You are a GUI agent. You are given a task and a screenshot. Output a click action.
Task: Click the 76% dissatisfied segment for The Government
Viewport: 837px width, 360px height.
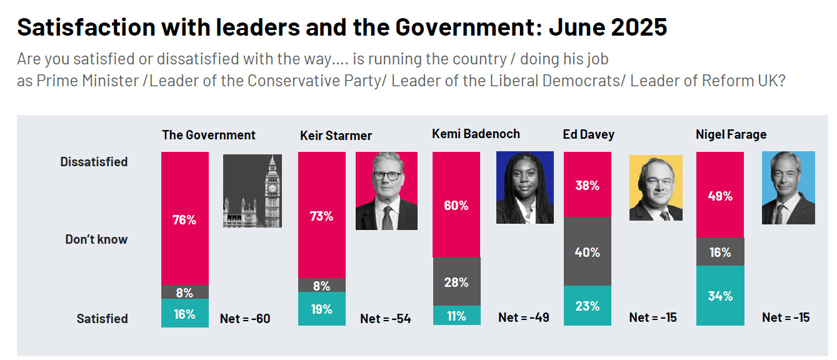(x=185, y=218)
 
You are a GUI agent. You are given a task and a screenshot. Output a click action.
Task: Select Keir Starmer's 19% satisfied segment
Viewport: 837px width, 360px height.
(x=321, y=309)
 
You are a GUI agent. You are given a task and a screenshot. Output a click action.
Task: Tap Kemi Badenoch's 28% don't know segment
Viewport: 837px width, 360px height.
(x=456, y=282)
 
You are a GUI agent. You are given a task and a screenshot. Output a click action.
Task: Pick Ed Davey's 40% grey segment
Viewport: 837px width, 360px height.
(x=587, y=252)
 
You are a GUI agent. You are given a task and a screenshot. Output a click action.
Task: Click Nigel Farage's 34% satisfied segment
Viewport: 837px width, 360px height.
(x=720, y=296)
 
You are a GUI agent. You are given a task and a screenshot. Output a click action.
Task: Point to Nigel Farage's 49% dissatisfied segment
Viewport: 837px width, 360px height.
(x=720, y=195)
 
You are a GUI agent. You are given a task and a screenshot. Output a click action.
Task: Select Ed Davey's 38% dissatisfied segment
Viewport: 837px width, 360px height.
(x=587, y=185)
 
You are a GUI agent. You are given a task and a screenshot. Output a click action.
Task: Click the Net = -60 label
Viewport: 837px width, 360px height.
(x=245, y=319)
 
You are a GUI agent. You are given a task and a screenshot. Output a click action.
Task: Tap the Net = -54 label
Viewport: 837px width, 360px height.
(x=386, y=319)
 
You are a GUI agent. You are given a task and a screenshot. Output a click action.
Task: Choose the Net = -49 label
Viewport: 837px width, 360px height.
(x=524, y=317)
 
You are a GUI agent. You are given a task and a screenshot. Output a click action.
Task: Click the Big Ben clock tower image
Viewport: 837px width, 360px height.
(x=253, y=191)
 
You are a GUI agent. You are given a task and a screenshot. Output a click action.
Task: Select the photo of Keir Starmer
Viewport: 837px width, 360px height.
(x=386, y=191)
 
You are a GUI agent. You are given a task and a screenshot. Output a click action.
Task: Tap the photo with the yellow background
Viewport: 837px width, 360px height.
(x=656, y=187)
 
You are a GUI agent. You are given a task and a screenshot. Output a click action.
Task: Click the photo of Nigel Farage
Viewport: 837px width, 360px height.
(x=788, y=187)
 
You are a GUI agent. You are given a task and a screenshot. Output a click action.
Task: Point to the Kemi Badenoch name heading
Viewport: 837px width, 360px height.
(x=476, y=134)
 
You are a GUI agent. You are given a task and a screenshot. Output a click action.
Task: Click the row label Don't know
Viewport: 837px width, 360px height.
(x=96, y=239)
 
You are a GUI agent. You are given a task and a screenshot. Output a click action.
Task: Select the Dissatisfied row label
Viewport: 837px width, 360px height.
(x=94, y=162)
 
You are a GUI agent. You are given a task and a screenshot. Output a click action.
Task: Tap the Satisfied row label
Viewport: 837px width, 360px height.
(x=102, y=319)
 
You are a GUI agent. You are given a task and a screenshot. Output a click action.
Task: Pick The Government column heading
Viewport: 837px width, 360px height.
(x=209, y=135)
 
